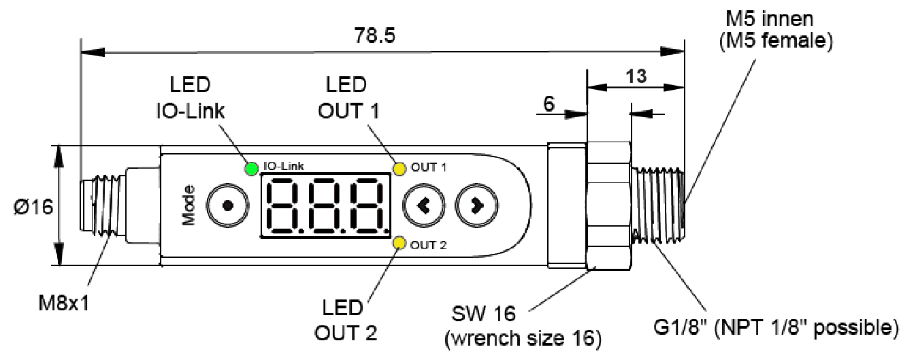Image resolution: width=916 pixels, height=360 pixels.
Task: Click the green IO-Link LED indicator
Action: coord(251,167)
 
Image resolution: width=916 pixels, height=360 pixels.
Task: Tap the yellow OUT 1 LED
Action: coord(399,167)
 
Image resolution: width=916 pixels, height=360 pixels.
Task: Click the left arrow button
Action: coord(423,205)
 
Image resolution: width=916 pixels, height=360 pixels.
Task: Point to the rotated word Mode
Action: coord(189,205)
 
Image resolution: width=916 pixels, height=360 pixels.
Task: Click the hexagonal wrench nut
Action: coord(608,205)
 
